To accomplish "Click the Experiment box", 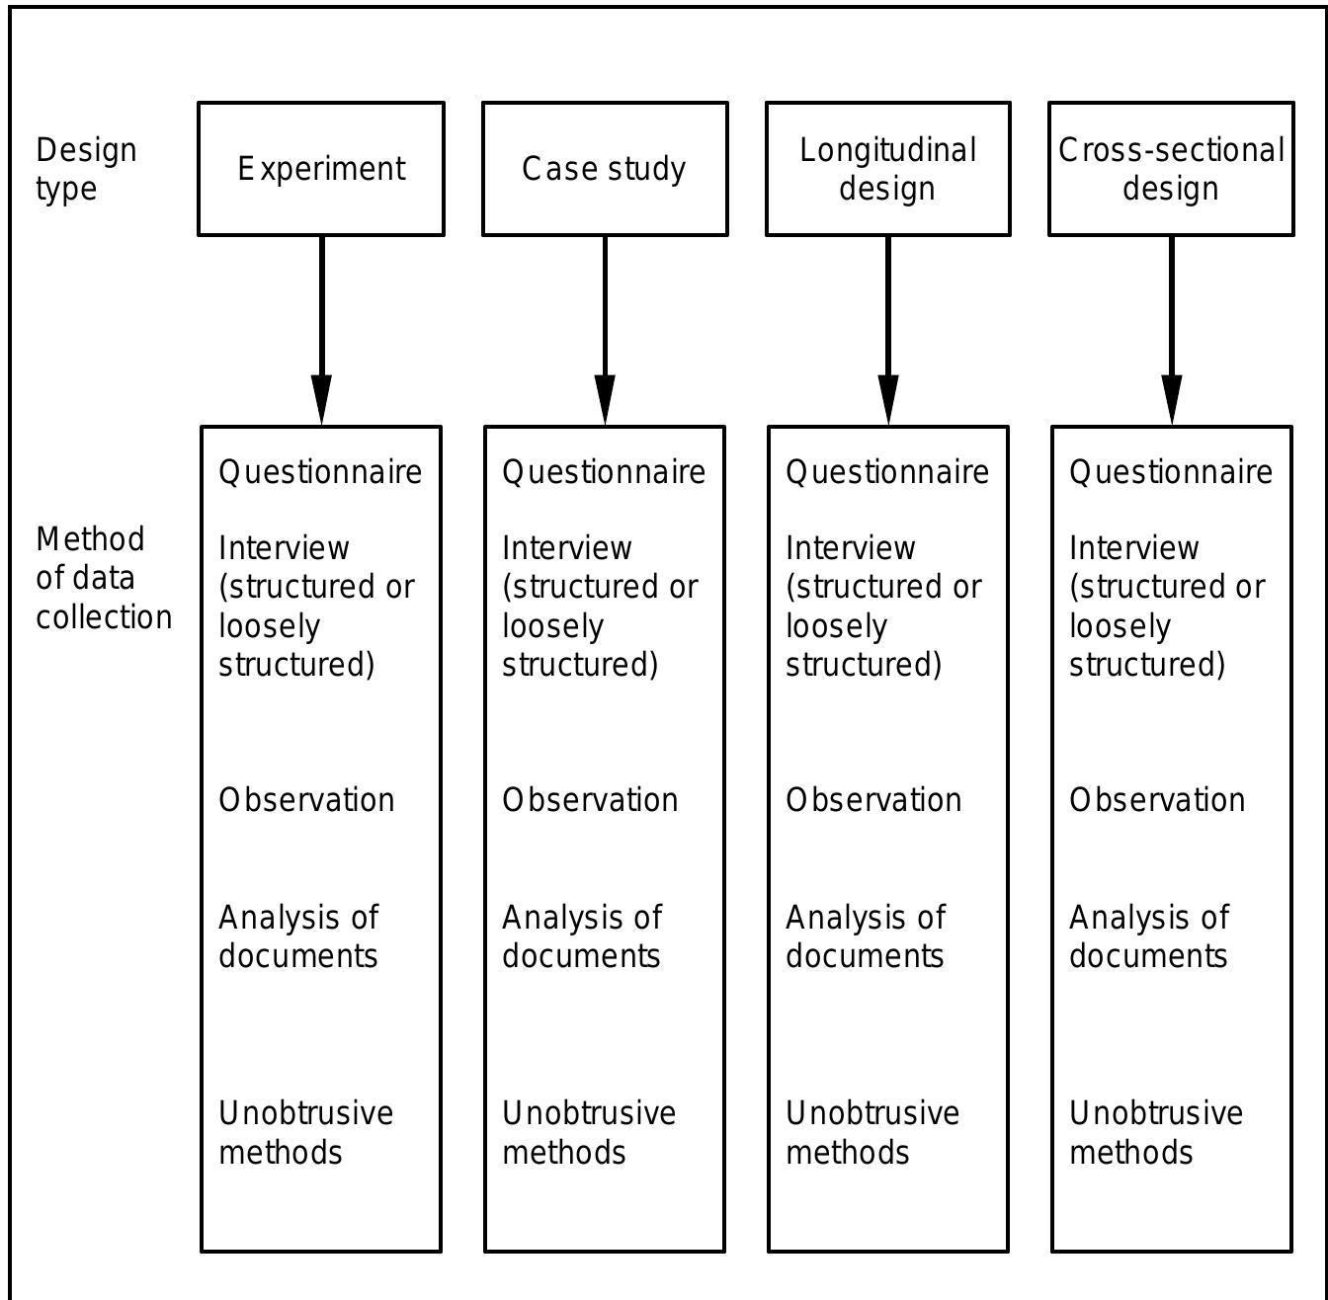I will (x=321, y=169).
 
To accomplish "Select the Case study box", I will (x=605, y=169).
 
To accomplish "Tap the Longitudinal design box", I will (x=887, y=169).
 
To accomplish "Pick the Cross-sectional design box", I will (x=1171, y=169).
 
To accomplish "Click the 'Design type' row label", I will (x=86, y=169).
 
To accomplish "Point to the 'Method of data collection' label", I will (x=103, y=578).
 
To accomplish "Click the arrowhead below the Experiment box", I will (x=321, y=400).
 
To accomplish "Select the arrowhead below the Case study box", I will (x=605, y=400).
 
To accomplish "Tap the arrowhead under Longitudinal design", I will (x=888, y=400).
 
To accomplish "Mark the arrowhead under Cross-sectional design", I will (x=1172, y=400).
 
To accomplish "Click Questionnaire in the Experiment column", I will (x=320, y=472).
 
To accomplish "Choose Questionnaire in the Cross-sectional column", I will (x=1171, y=472).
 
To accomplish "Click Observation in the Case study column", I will (x=590, y=800).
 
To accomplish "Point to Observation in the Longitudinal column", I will (x=873, y=800).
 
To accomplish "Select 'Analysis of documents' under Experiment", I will (x=298, y=936).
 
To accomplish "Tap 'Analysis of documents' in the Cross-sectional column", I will (x=1149, y=936).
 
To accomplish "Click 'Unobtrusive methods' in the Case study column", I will (x=589, y=1132).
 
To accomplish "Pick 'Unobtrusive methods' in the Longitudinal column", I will (x=872, y=1132).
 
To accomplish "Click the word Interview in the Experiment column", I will (x=284, y=547).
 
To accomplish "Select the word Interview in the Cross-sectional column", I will (x=1134, y=547).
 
